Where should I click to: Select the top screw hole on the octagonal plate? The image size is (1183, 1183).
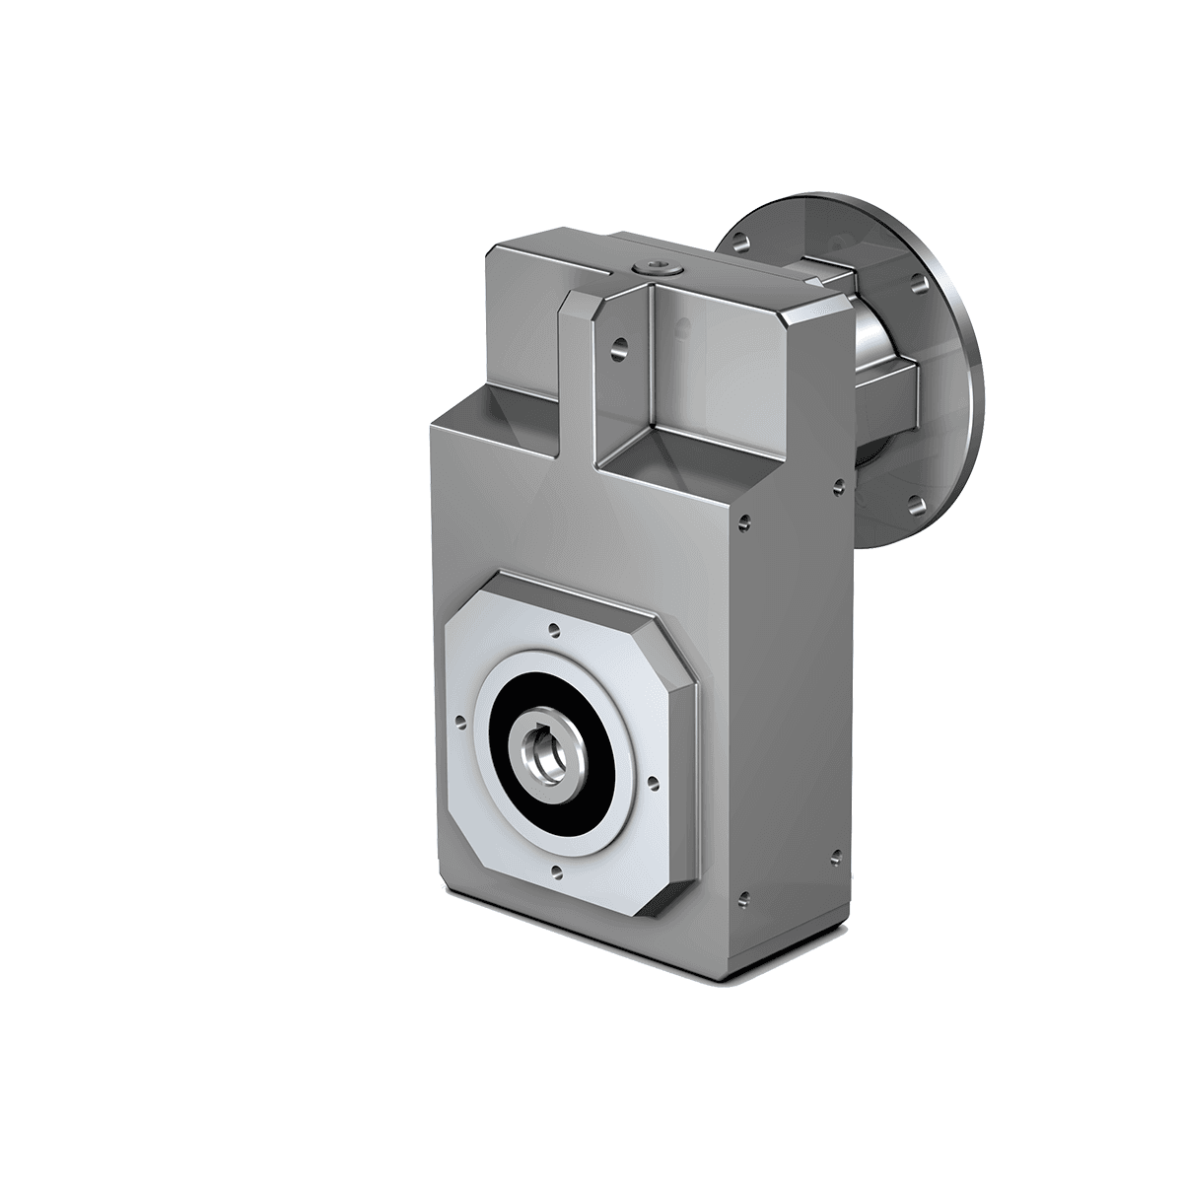click(554, 627)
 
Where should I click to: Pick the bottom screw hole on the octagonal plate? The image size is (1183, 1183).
click(557, 869)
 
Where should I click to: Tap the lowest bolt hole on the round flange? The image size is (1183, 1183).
click(916, 504)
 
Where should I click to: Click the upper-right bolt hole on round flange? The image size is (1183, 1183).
click(919, 282)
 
